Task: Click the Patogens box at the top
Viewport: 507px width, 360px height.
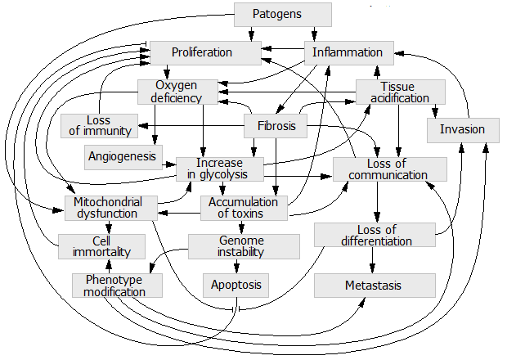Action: tap(283, 15)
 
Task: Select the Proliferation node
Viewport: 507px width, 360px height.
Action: tap(202, 53)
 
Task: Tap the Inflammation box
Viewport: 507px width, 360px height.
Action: tap(348, 53)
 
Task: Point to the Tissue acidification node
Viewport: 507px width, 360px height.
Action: tap(400, 92)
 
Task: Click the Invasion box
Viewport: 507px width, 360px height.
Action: tap(462, 129)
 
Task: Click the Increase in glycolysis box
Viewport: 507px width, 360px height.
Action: tap(219, 168)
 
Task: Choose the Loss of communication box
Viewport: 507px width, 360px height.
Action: tap(389, 169)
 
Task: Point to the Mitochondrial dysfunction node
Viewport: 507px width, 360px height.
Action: tap(107, 208)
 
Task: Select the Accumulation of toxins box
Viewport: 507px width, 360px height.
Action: tap(244, 208)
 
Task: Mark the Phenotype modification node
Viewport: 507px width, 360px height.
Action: tap(118, 286)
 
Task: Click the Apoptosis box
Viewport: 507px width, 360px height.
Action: tap(236, 286)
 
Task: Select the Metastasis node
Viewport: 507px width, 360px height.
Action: tap(374, 286)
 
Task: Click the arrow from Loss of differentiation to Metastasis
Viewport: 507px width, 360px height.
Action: tap(374, 260)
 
